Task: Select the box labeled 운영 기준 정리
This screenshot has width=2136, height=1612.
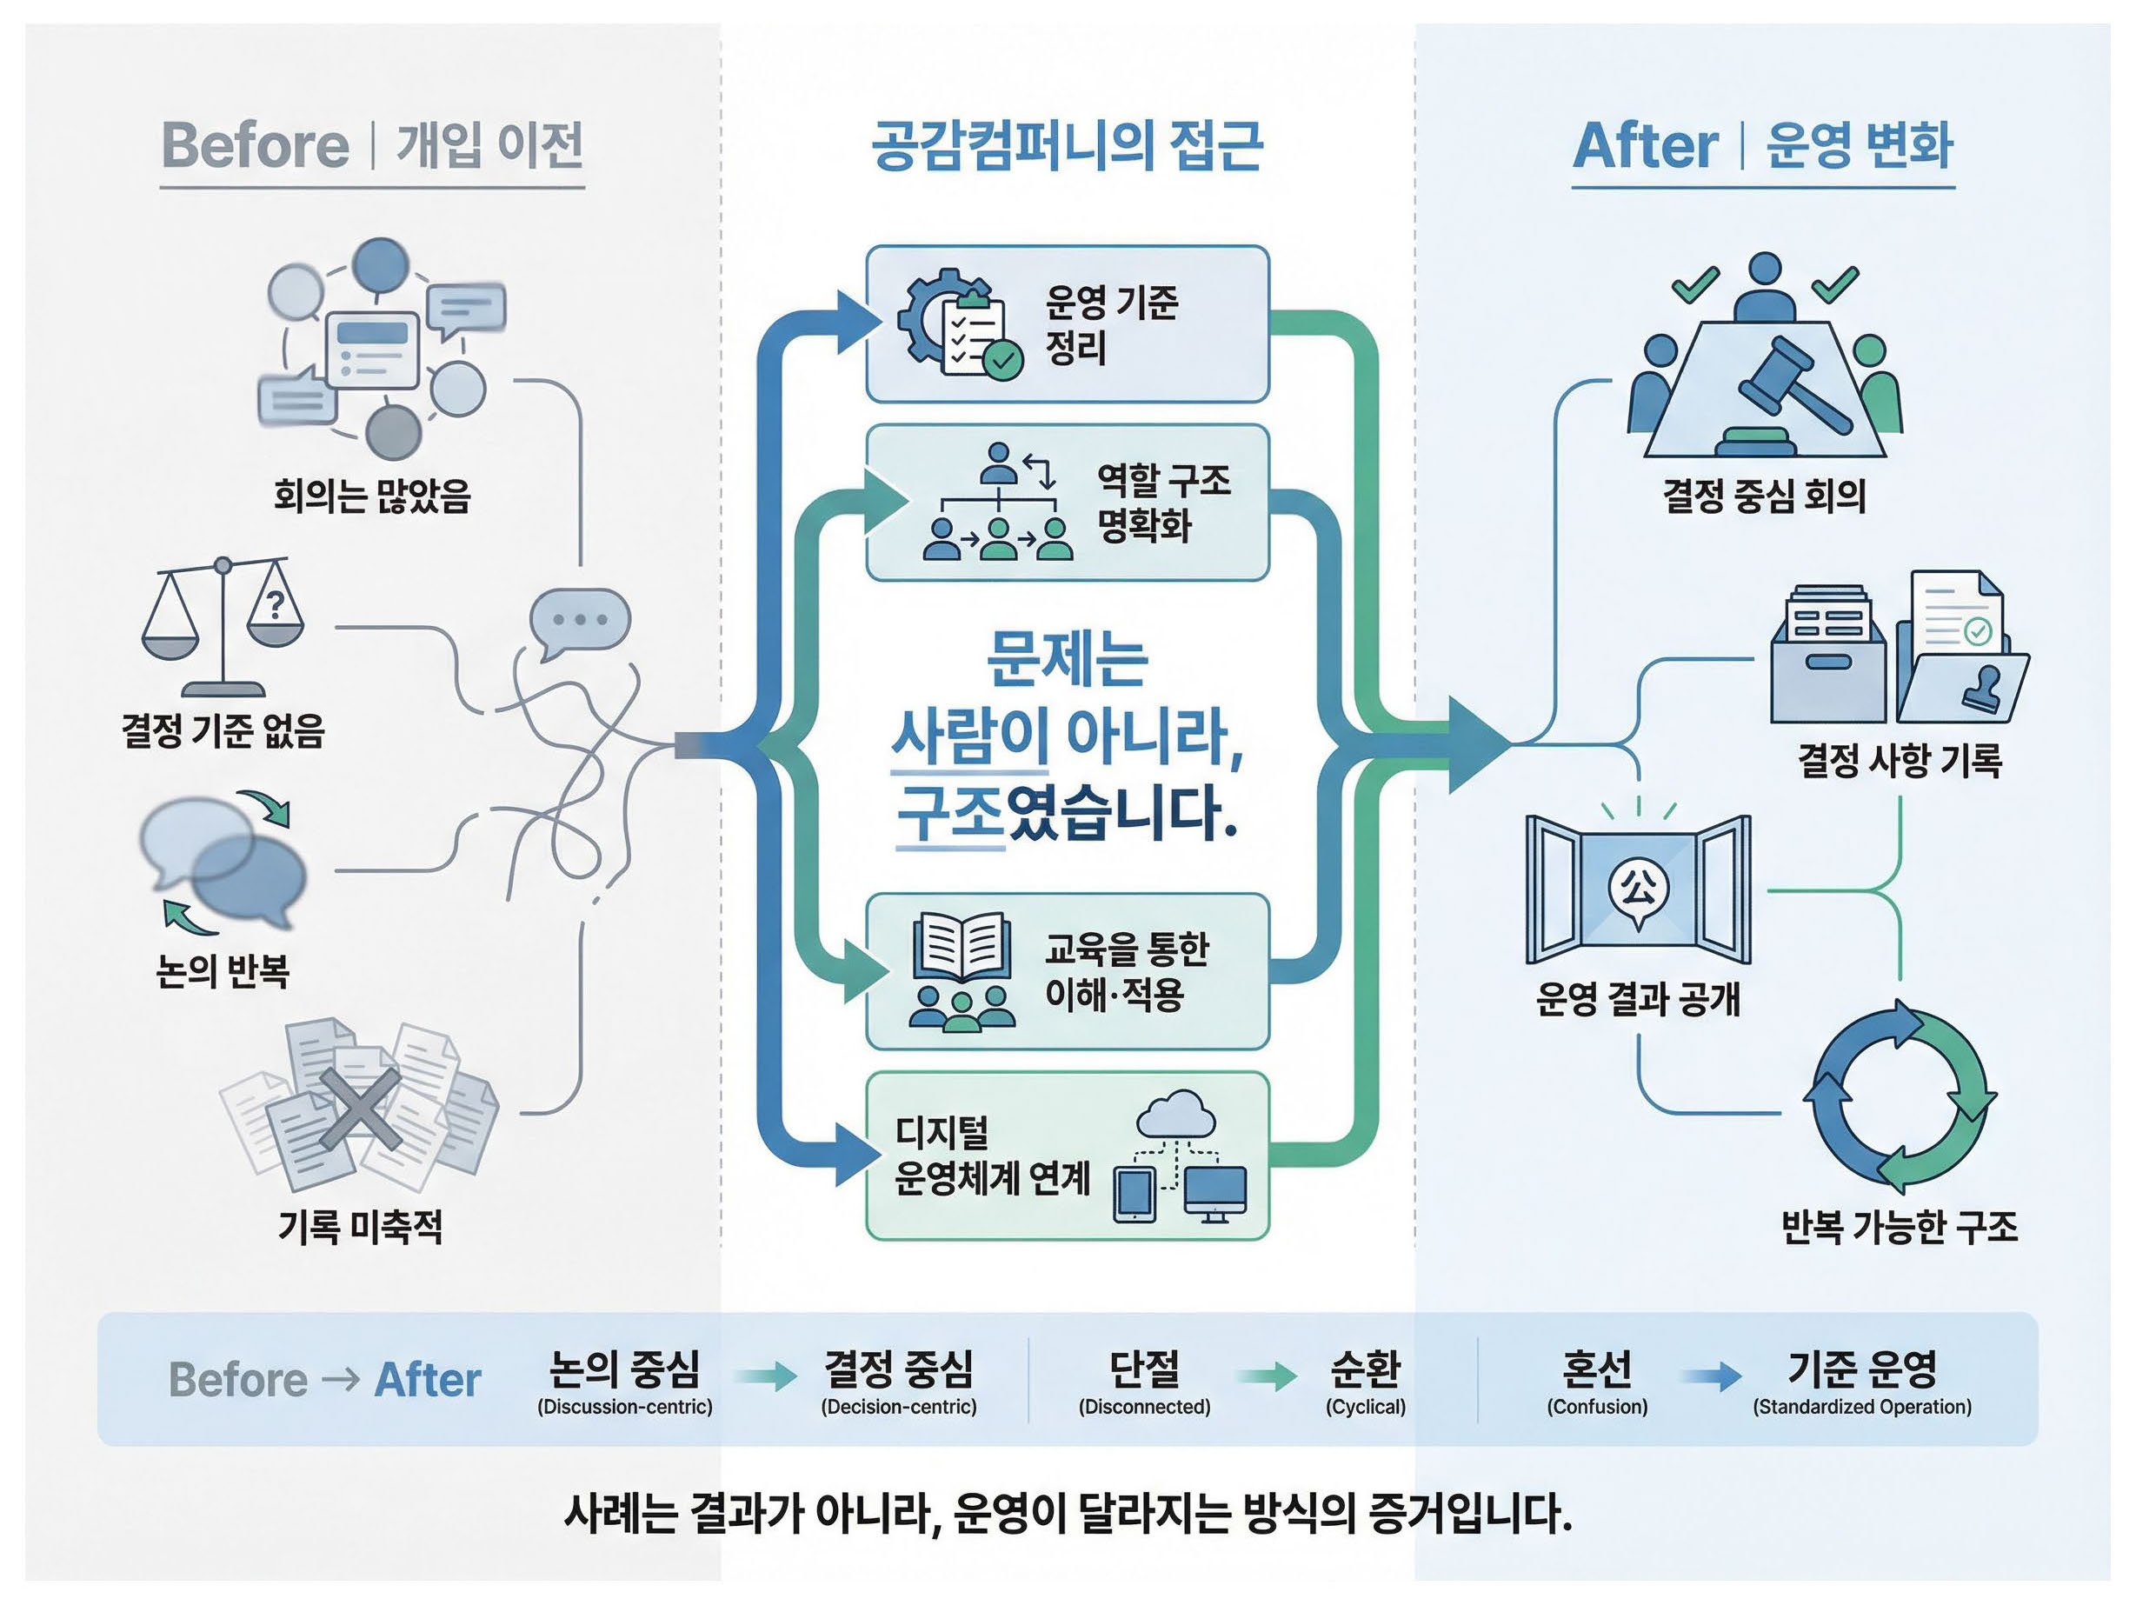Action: (1067, 324)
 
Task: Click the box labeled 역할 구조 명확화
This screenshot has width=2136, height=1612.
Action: (1067, 503)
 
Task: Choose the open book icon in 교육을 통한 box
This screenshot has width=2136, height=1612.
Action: (961, 947)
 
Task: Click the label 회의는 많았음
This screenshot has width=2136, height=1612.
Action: (372, 496)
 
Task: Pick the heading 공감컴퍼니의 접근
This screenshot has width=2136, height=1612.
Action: (1067, 146)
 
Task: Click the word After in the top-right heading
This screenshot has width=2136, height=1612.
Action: (1646, 147)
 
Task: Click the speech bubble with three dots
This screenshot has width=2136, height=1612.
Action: (579, 620)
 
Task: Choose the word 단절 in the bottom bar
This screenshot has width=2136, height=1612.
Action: (1144, 1368)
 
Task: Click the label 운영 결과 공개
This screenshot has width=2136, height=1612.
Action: (1638, 999)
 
